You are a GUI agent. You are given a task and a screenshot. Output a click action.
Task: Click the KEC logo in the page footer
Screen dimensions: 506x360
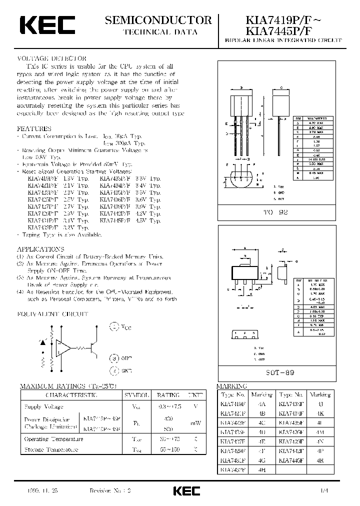[186, 490]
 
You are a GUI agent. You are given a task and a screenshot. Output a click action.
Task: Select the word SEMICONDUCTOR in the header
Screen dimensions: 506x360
[158, 20]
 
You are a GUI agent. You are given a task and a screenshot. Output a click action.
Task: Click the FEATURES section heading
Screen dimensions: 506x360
[34, 128]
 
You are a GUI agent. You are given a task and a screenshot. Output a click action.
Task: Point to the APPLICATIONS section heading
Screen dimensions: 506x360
[40, 248]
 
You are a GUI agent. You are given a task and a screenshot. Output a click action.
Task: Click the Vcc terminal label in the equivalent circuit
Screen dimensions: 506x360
[125, 327]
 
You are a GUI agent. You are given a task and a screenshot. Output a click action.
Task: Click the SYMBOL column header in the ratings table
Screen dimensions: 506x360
[137, 394]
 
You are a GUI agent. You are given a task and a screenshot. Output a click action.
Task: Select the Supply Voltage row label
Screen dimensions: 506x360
[44, 407]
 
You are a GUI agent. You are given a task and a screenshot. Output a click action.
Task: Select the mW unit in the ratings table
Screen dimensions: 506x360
[196, 422]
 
